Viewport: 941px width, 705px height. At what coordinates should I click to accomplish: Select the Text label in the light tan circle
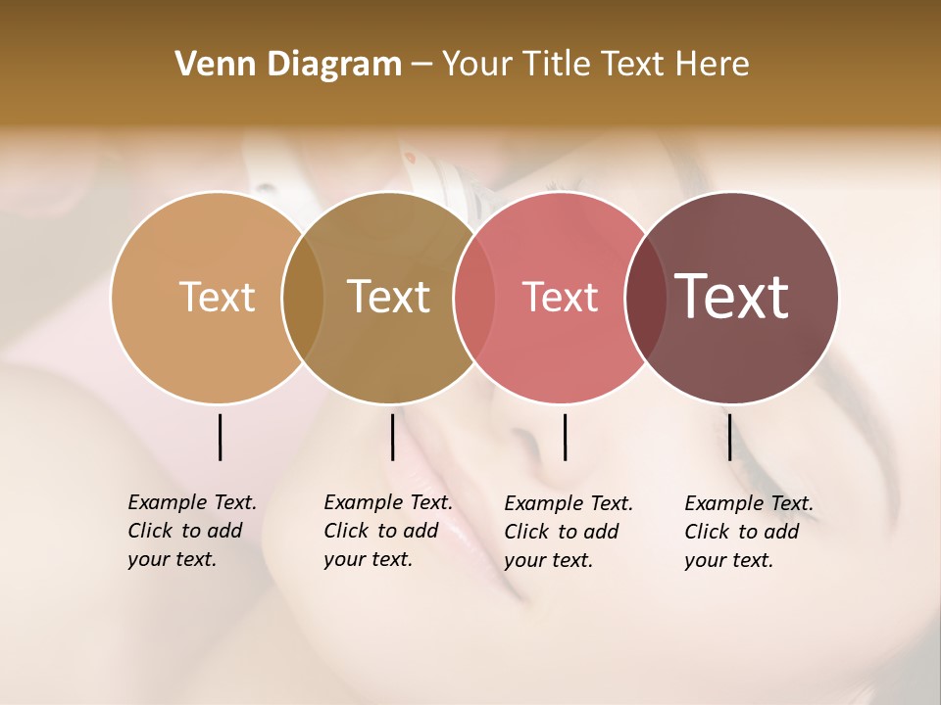click(x=217, y=297)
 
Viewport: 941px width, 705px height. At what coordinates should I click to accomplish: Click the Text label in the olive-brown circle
click(x=388, y=297)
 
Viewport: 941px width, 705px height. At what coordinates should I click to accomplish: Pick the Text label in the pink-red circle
click(x=560, y=297)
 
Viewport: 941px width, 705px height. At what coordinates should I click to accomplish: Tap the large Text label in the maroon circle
click(x=731, y=297)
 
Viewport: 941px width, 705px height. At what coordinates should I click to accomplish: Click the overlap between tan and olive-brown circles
click(x=303, y=298)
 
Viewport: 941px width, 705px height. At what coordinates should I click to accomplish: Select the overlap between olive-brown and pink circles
click(x=473, y=298)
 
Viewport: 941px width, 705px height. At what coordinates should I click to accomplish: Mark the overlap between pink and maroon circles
click(x=645, y=298)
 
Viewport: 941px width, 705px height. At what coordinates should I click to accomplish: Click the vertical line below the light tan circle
click(x=220, y=437)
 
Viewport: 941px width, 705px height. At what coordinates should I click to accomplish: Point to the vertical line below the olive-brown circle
click(x=392, y=437)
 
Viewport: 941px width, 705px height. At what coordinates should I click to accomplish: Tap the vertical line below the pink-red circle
click(x=565, y=437)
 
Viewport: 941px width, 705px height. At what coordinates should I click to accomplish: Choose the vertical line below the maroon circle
click(x=729, y=437)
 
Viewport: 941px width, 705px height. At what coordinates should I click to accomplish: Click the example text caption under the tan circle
click(x=191, y=531)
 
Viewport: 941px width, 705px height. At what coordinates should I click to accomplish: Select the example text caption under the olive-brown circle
click(x=387, y=531)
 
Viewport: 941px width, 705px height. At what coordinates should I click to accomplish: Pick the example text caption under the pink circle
click(x=568, y=532)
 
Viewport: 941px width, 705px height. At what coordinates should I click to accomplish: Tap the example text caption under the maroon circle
click(x=748, y=532)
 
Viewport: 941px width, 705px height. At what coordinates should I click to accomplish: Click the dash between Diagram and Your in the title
click(x=421, y=66)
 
